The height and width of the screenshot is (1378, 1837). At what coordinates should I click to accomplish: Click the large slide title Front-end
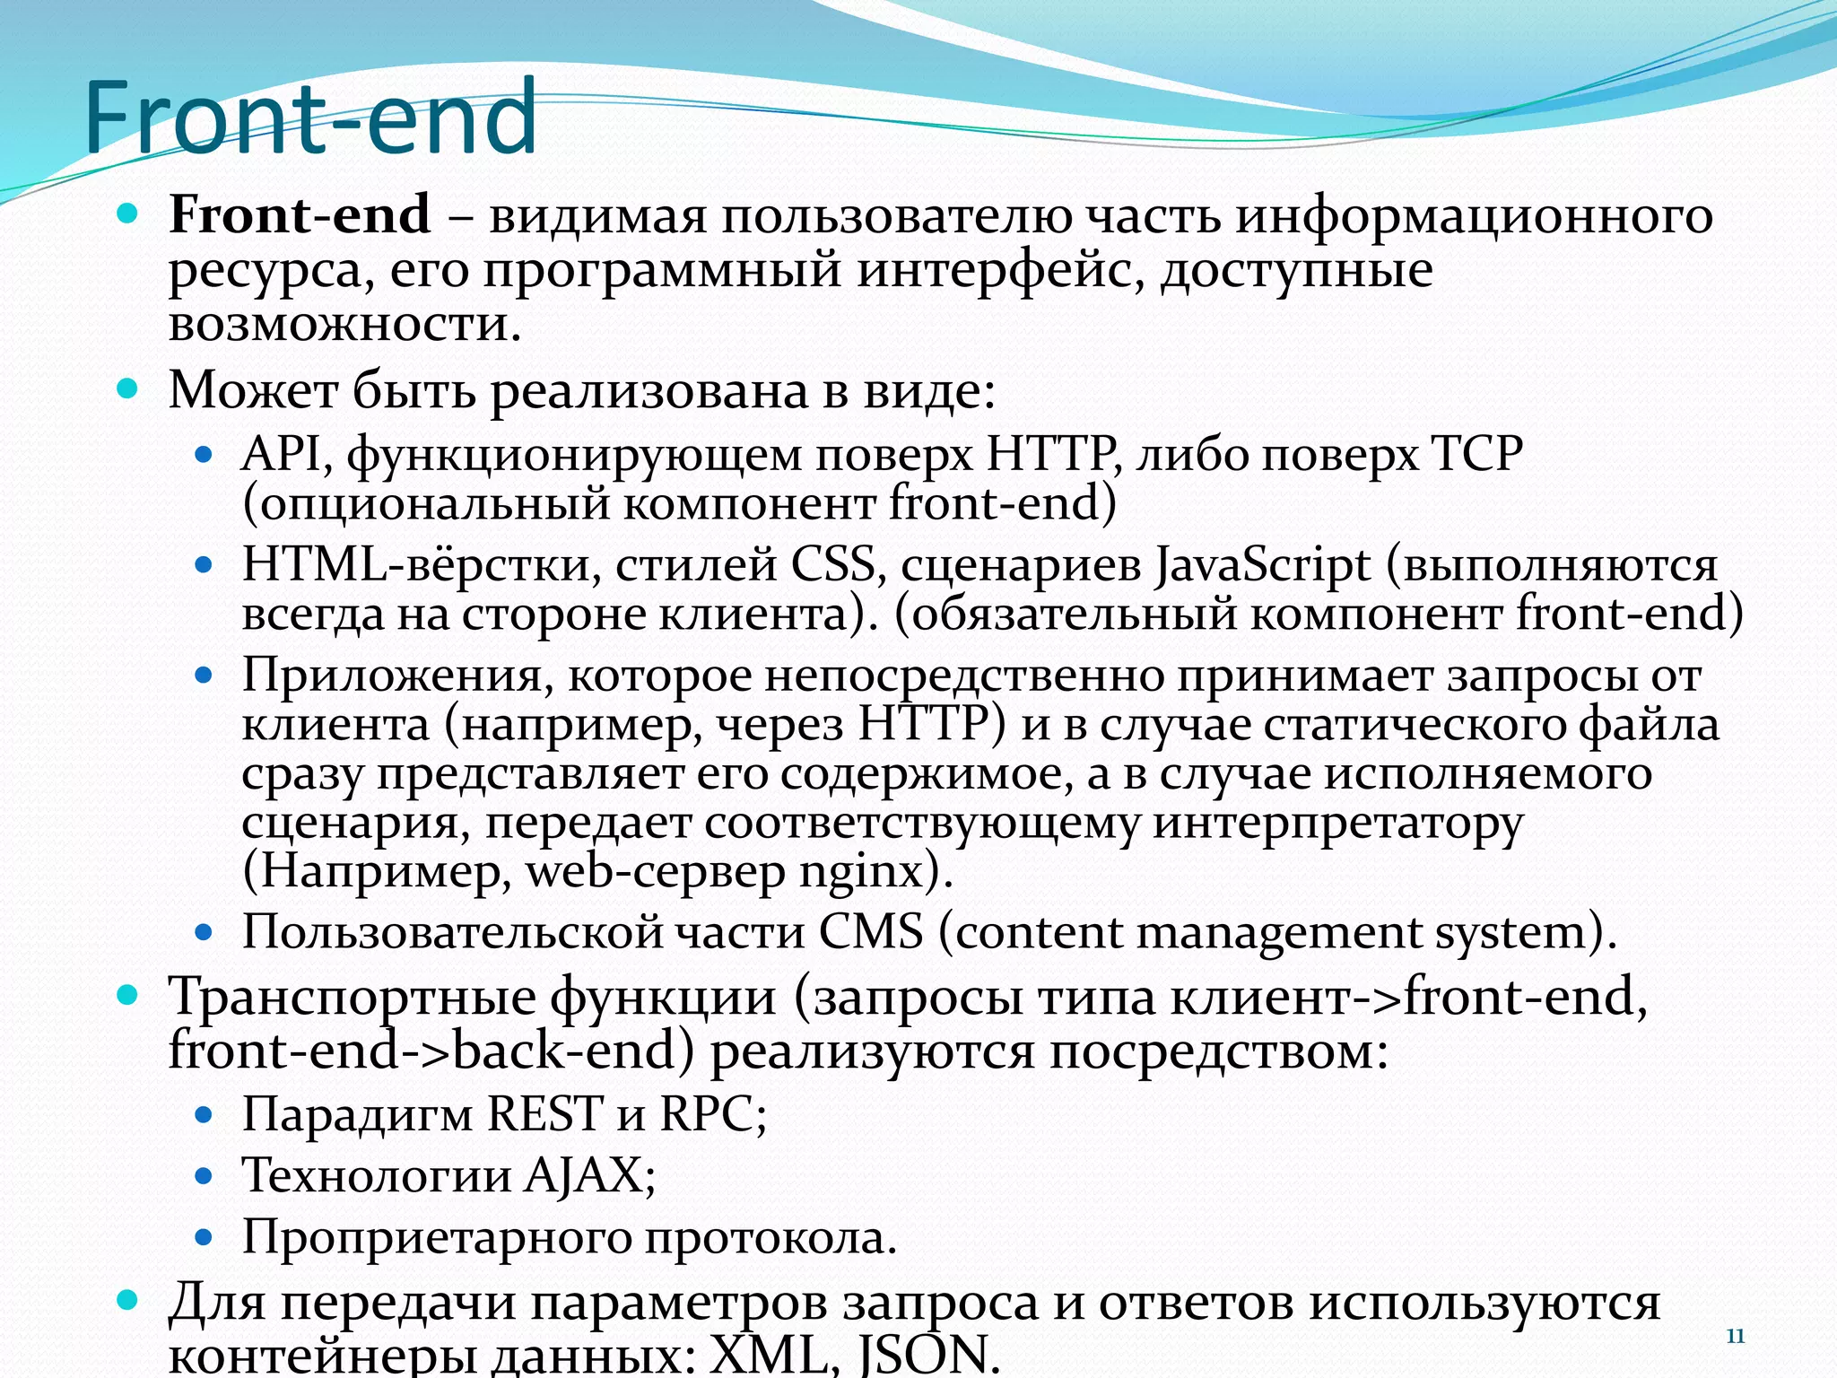coord(310,118)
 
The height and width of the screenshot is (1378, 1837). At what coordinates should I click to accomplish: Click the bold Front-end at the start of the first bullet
coord(300,215)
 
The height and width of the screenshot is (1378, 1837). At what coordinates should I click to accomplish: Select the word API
coord(281,454)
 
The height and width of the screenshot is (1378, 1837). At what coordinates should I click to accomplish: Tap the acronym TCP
coord(1476,454)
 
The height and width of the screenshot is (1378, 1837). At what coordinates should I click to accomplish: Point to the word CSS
coord(832,565)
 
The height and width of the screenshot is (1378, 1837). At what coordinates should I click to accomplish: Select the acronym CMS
coord(870,932)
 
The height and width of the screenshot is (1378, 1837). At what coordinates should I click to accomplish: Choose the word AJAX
coord(583,1175)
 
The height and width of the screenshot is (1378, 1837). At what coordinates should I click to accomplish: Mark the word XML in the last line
coord(767,1355)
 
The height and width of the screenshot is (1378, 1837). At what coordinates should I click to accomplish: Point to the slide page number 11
coord(1736,1337)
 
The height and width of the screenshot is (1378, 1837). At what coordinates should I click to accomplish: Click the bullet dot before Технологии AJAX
coord(204,1176)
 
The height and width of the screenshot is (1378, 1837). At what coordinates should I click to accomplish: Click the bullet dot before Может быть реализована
coord(128,389)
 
